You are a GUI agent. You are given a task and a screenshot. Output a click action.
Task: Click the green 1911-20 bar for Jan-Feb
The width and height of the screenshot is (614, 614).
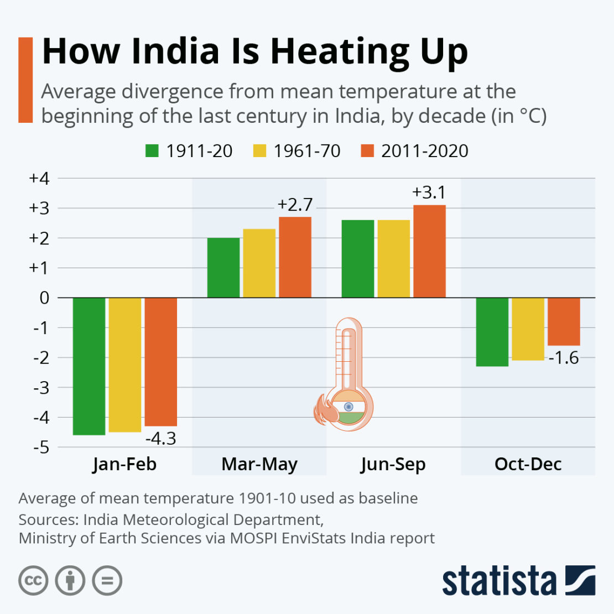click(89, 366)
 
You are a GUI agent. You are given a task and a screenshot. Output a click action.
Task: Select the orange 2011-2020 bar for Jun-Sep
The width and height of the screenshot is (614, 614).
click(429, 251)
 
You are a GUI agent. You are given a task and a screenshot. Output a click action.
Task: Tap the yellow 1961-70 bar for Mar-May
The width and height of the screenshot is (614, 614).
click(259, 263)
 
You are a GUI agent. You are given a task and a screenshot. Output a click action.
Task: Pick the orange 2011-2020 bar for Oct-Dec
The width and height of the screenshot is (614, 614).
click(564, 321)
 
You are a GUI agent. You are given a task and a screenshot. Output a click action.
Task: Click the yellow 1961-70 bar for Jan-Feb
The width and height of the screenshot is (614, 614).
click(125, 365)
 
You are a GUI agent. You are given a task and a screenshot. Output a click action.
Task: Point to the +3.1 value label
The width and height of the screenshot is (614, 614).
click(429, 192)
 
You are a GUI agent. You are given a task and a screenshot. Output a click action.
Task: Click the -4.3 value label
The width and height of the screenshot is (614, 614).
click(160, 439)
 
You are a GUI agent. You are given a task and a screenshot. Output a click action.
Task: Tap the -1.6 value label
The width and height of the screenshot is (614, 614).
click(564, 358)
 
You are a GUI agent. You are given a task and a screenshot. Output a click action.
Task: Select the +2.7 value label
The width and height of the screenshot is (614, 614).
click(295, 205)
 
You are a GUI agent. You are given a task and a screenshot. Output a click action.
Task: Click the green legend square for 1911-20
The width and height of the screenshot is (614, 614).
click(152, 151)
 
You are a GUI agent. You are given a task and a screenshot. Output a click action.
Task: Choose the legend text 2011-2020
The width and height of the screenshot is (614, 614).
click(424, 151)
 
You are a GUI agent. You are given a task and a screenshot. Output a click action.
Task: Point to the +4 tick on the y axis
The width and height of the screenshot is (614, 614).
click(39, 179)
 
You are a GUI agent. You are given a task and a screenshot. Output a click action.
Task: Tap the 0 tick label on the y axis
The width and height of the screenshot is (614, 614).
click(44, 298)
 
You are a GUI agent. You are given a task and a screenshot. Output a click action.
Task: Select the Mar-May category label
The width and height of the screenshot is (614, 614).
click(259, 464)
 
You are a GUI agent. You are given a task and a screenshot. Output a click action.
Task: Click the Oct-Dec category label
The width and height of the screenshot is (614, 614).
click(528, 464)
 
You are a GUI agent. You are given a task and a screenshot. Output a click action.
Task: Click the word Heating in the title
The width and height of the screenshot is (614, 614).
click(341, 51)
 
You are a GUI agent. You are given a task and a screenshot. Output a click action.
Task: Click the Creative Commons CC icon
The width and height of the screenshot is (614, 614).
click(33, 581)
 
